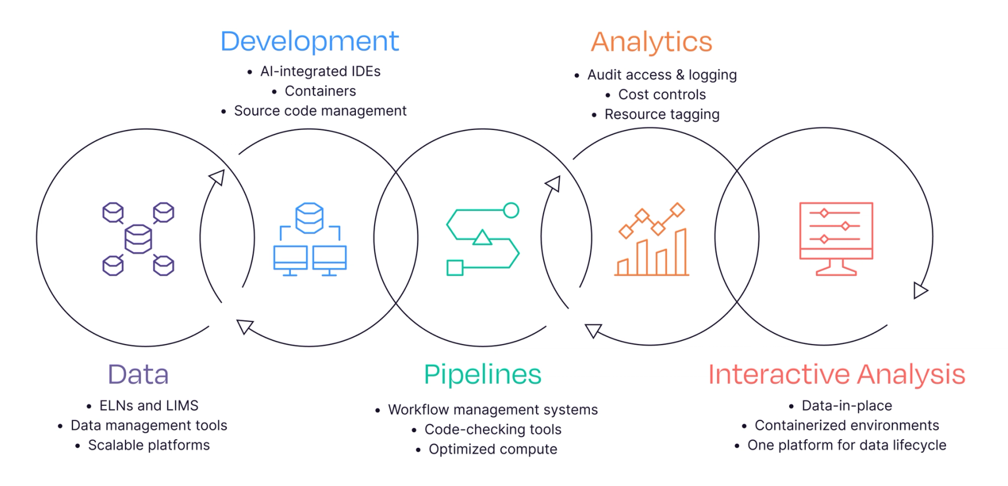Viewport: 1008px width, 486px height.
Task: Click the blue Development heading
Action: (309, 41)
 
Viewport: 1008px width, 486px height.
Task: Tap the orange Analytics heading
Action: (651, 42)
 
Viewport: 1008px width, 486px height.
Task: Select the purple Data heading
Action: (138, 375)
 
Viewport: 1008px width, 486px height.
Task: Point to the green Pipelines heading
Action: (483, 375)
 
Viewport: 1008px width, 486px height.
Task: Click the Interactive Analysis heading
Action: (836, 375)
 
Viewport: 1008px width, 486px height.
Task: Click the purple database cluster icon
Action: (138, 238)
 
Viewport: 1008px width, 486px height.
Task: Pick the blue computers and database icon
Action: (309, 239)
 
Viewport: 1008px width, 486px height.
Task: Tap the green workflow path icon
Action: (483, 239)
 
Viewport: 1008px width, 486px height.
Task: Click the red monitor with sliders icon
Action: (836, 238)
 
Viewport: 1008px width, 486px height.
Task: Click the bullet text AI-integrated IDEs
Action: (320, 71)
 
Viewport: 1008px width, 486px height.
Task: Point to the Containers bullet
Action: (320, 91)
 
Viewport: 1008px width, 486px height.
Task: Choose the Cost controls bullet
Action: (662, 95)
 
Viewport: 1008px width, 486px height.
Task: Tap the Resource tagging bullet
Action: (662, 114)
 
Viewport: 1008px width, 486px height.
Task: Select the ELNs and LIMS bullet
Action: (149, 405)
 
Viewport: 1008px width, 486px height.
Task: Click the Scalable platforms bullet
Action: (149, 445)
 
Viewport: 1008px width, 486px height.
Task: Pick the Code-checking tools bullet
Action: (493, 429)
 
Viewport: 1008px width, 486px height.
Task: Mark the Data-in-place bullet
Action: (847, 405)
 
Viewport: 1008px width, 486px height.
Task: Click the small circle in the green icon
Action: (511, 210)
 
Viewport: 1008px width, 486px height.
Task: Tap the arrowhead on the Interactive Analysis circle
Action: (920, 290)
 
